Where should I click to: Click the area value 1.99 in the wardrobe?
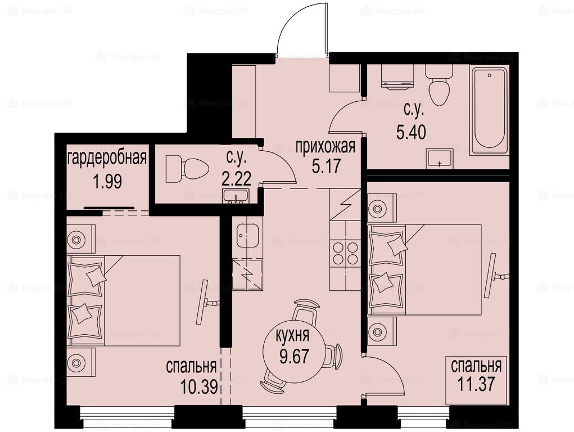(x=107, y=181)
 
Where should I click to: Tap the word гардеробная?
(x=107, y=158)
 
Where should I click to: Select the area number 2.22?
(x=237, y=179)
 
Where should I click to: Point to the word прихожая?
(x=325, y=147)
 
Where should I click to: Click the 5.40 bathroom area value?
(x=411, y=132)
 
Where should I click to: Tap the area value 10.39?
(x=199, y=386)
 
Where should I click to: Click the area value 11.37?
(x=476, y=384)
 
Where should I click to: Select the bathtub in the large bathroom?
(x=490, y=110)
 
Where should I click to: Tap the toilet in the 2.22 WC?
(x=187, y=169)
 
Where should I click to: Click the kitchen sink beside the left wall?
(x=247, y=236)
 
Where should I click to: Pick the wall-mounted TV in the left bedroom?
(x=206, y=302)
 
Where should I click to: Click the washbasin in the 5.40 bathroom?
(x=439, y=159)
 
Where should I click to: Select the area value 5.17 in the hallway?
(x=326, y=166)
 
